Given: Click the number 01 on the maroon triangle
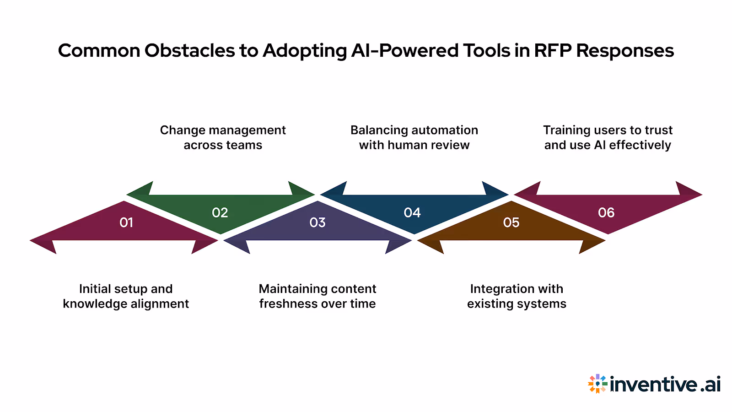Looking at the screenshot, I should pos(126,222).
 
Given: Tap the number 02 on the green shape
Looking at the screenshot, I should pos(220,212).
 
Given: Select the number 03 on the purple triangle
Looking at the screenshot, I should pos(318,222).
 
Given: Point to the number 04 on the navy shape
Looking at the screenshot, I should pos(412,212).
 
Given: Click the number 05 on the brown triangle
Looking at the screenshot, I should pos(511,222).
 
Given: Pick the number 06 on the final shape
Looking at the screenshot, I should pos(606,212).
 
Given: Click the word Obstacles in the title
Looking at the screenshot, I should pos(189,50).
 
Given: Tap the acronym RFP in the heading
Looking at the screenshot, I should pos(552,50).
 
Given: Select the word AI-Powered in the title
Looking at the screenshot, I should pos(405,50).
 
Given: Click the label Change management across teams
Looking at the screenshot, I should pos(223,137).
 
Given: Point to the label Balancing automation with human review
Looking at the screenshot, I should pos(414,137).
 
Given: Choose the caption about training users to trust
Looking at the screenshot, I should pos(608,137).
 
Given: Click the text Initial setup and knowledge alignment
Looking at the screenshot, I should pos(126,296).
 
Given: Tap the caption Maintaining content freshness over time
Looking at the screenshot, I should pos(318,296).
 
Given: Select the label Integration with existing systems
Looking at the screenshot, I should pos(517,296).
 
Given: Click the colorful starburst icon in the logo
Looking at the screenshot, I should pos(597,384).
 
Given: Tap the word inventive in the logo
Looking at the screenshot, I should pos(653,384).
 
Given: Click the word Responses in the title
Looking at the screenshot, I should pos(625,50).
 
